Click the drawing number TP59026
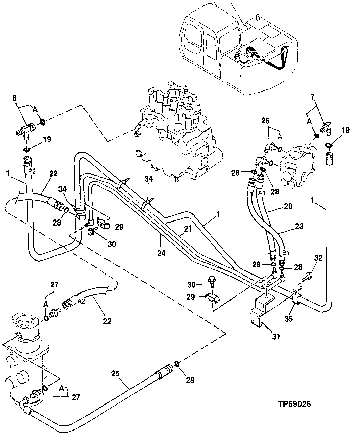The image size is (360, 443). [294, 404]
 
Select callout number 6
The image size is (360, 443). [14, 98]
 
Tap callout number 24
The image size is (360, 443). [161, 252]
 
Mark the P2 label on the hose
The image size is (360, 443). [32, 171]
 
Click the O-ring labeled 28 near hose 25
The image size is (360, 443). [177, 364]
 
